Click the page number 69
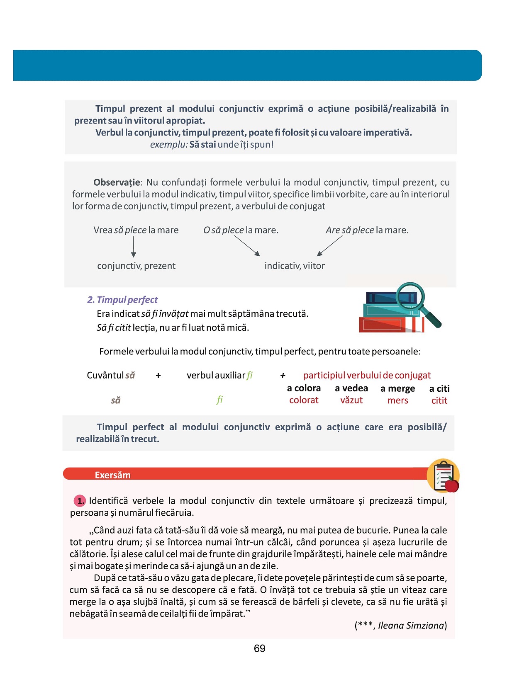259,648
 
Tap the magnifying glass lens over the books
410,296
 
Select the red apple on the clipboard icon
452,485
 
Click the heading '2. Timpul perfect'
122,300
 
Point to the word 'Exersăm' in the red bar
112,475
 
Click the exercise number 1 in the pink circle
80,501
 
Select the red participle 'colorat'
304,400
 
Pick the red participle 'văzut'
351,400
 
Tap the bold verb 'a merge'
397,388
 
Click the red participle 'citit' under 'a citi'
439,400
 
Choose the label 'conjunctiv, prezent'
136,266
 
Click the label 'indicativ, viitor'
295,266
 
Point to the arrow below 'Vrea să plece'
133,247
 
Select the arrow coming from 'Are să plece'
329,246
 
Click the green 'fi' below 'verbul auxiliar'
219,400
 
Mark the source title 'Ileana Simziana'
411,626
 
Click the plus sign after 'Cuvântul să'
158,376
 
